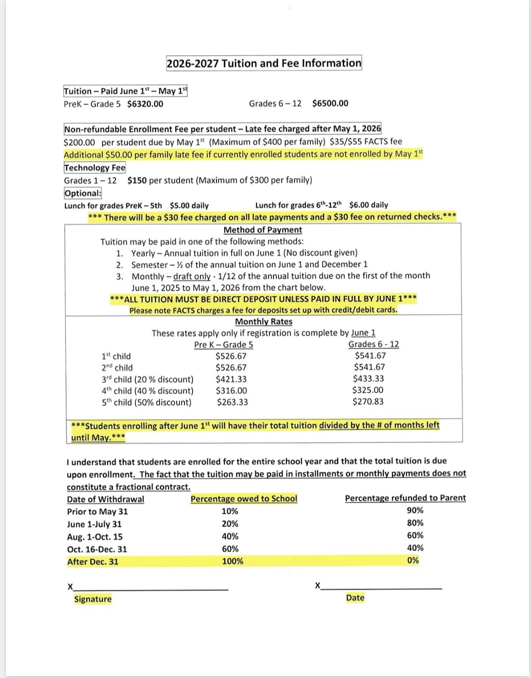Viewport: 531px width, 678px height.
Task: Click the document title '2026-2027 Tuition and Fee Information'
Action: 264,63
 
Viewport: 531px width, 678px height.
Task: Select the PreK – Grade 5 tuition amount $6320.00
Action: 145,104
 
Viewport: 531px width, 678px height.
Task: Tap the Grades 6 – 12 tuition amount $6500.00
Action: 330,103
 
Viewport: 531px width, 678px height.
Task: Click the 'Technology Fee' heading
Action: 95,168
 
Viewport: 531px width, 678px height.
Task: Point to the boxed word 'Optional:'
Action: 83,193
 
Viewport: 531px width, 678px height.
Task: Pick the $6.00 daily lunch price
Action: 368,205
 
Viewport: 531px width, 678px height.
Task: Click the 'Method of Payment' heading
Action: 263,230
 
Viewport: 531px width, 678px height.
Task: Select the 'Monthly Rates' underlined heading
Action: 263,321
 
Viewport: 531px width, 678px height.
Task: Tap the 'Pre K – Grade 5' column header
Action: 223,345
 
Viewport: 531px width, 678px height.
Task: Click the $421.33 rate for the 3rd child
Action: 231,379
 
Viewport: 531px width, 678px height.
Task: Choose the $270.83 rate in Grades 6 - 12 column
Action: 368,402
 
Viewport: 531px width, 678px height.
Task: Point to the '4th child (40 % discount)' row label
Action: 147,391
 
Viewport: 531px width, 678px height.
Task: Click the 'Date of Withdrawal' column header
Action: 105,499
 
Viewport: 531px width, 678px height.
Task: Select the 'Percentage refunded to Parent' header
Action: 405,498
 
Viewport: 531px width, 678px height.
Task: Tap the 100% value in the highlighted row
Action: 232,561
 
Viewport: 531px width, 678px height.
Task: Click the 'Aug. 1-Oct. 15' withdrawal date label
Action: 95,537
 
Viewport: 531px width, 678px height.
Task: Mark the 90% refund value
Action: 415,510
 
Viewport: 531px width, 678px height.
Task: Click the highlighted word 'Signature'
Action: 93,599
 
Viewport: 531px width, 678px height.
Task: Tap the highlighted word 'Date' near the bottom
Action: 355,598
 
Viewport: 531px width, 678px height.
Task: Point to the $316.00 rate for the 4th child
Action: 231,391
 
